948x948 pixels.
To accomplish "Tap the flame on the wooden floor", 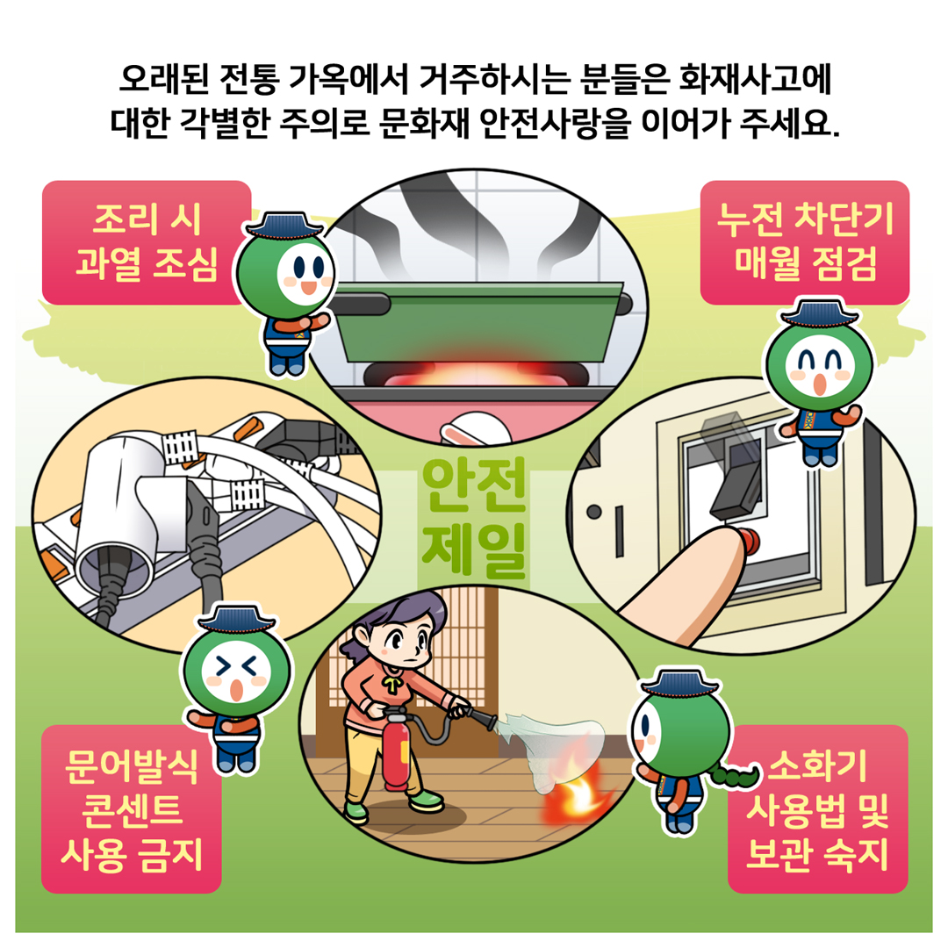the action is (x=573, y=789).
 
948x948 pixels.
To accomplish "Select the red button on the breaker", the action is (x=750, y=540).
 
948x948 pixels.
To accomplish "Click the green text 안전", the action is (x=475, y=485).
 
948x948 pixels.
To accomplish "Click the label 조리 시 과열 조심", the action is (x=146, y=243).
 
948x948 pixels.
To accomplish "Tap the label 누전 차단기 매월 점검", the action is (x=805, y=242).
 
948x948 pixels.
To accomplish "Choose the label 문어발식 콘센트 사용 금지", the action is (x=131, y=809).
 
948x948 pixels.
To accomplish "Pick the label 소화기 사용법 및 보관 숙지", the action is (x=817, y=809).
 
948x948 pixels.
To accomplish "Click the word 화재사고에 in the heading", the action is (x=756, y=79).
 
